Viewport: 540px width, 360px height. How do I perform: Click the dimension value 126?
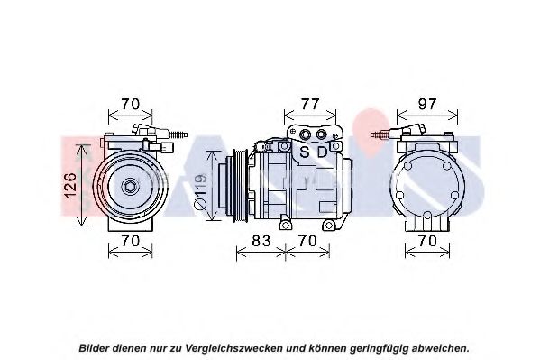pos(70,185)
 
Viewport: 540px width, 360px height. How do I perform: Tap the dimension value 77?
pos(310,104)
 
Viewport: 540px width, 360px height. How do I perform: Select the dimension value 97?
pos(427,104)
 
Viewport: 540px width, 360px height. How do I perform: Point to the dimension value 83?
pos(261,241)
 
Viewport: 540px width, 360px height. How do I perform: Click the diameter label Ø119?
pos(200,191)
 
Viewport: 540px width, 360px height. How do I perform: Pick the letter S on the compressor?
pos(305,152)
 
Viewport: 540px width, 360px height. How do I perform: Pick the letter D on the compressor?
pos(322,152)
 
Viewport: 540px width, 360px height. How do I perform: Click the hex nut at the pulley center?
pos(130,187)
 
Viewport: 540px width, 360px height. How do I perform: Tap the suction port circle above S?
pos(305,134)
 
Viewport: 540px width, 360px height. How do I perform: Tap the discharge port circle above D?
pos(321,134)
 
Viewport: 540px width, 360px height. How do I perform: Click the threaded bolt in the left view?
pos(178,134)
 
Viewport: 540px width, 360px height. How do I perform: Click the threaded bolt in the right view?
pos(380,134)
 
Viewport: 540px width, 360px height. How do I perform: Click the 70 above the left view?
pos(130,104)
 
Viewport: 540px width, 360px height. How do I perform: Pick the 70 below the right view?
pos(427,241)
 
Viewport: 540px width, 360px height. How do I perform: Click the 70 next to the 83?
pos(307,241)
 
